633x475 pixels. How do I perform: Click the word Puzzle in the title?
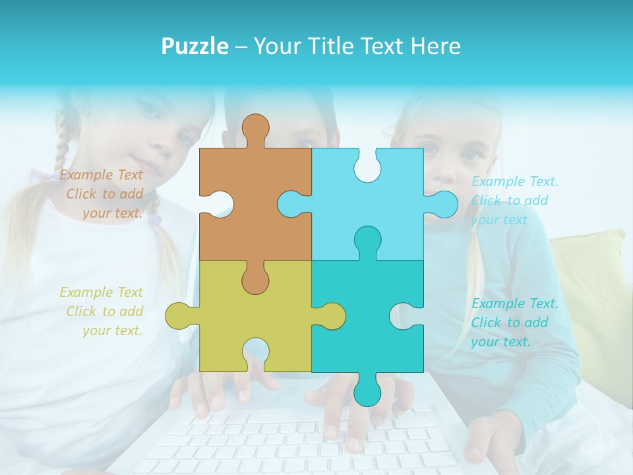[x=195, y=46]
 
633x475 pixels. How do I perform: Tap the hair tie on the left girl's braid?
[x=154, y=218]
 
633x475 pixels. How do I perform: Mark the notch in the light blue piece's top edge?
[x=367, y=166]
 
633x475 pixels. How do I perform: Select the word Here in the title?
[x=435, y=46]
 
